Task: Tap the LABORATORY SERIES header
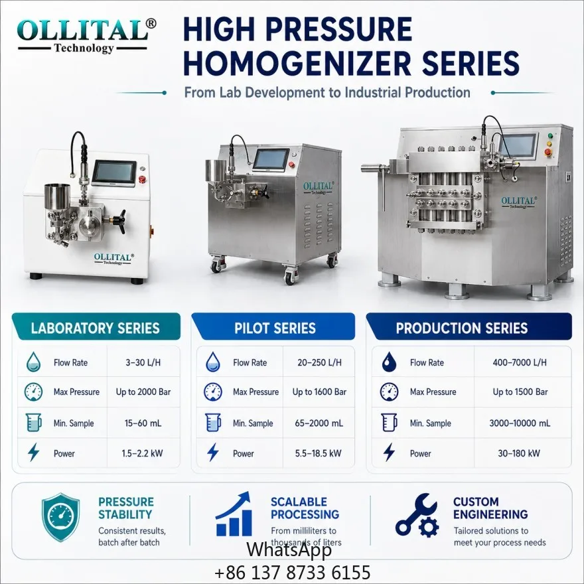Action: click(x=96, y=328)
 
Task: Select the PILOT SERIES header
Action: click(x=275, y=328)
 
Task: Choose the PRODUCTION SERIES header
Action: click(x=461, y=328)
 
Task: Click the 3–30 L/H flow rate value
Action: click(x=143, y=362)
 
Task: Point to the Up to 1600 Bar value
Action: click(x=319, y=392)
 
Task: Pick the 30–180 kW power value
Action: click(x=519, y=453)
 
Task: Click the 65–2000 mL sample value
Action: click(x=319, y=423)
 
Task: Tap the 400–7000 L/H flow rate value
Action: click(x=520, y=362)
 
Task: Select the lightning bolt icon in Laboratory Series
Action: click(x=34, y=452)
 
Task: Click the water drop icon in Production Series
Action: click(x=389, y=362)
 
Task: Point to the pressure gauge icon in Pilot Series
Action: click(x=213, y=392)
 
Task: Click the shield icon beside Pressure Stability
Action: click(x=60, y=517)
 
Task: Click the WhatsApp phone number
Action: click(x=293, y=572)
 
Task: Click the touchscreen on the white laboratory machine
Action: click(x=114, y=173)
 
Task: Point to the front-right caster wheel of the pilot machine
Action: click(x=289, y=277)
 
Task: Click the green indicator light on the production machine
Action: click(x=549, y=135)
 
